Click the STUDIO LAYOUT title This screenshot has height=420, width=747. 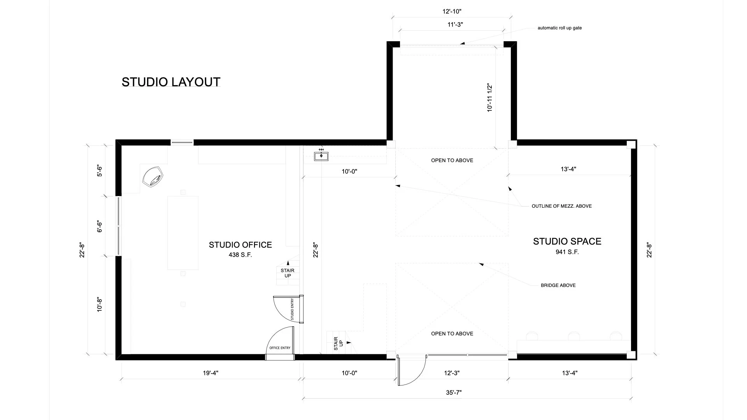[171, 82]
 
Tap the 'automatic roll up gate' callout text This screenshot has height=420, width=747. [559, 28]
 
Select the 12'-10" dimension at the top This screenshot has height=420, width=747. [452, 12]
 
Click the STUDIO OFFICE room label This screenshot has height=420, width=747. [240, 245]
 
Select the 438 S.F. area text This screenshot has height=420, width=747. [240, 255]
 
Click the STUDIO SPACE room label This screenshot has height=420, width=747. [567, 241]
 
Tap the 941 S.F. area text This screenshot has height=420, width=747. [567, 252]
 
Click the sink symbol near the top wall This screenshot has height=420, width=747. [321, 156]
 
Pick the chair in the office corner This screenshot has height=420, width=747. [153, 177]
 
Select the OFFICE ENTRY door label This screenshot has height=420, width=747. [280, 348]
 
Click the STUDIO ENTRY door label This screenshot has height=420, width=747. [292, 309]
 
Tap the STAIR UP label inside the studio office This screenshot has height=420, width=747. [288, 273]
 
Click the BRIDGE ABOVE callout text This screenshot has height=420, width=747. [558, 285]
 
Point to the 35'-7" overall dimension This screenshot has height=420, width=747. [454, 392]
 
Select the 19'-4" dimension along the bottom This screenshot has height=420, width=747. [210, 373]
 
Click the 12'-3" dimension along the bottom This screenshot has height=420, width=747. [452, 373]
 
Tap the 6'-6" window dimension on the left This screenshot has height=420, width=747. [100, 226]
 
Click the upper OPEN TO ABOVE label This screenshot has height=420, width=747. [452, 160]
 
